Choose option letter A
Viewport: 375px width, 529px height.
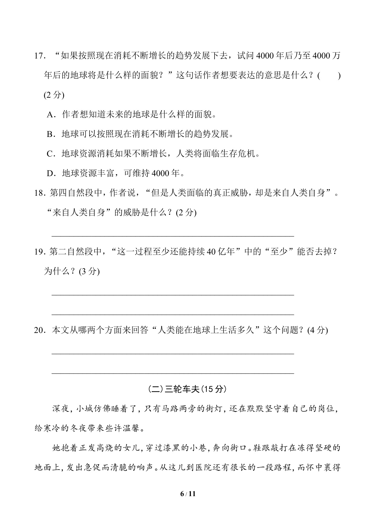click(x=50, y=115)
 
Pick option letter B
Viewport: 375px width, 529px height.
click(x=50, y=134)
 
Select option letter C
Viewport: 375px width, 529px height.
click(x=50, y=154)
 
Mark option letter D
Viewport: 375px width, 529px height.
click(x=50, y=173)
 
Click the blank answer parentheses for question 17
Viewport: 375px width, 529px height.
click(x=329, y=76)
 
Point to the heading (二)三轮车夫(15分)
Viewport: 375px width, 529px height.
click(x=187, y=389)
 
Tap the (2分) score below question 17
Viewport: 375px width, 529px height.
click(x=54, y=95)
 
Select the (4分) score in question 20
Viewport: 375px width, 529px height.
click(x=318, y=330)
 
